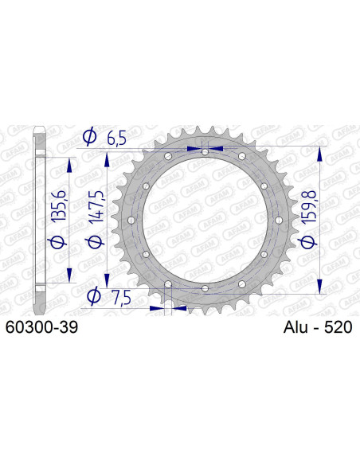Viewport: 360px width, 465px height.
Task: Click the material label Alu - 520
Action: [x=317, y=327]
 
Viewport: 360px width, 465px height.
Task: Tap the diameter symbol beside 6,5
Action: [x=91, y=138]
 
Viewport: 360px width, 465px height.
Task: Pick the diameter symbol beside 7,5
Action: [x=92, y=296]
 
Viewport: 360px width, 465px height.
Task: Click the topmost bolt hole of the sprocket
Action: [x=205, y=151]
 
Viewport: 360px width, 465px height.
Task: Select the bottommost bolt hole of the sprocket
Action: [x=205, y=287]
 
